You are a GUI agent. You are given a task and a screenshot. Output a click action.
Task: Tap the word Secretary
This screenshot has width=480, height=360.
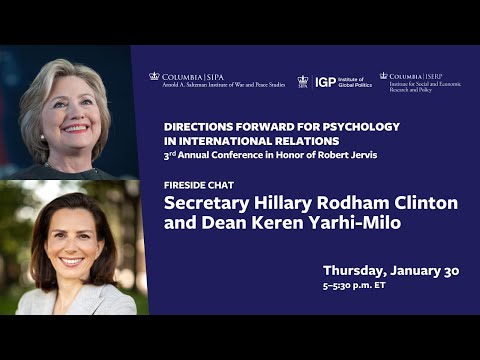pos(207,203)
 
